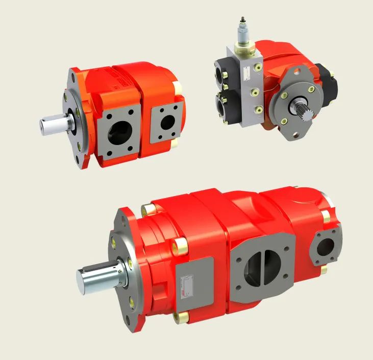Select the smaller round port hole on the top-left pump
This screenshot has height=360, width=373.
click(167, 121)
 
